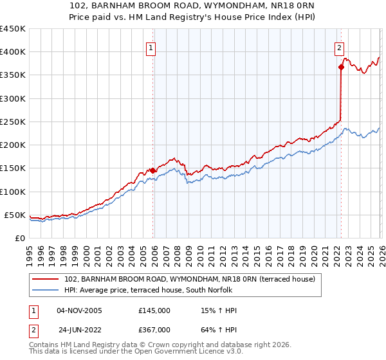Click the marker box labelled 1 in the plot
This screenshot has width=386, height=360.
pyautogui.click(x=151, y=47)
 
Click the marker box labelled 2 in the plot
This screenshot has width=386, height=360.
pyautogui.click(x=338, y=47)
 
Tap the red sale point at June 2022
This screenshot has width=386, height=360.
pyautogui.click(x=341, y=67)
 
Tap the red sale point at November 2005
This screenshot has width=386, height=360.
pyautogui.click(x=153, y=170)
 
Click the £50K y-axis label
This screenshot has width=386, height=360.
pyautogui.click(x=15, y=215)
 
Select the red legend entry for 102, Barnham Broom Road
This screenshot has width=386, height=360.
pyautogui.click(x=190, y=280)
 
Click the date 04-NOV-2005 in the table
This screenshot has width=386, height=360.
pyautogui.click(x=79, y=310)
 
